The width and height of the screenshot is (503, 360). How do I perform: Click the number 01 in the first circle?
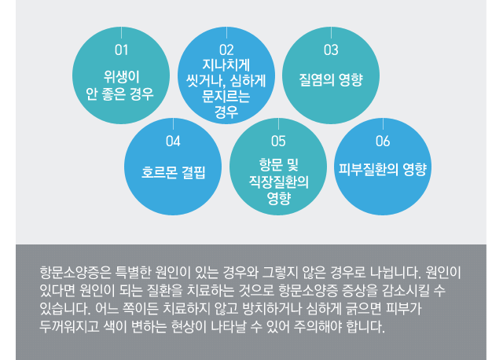(121, 50)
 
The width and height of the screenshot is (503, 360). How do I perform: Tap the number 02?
(226, 50)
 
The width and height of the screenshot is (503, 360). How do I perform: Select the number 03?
(331, 50)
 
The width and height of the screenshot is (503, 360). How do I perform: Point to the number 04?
(173, 141)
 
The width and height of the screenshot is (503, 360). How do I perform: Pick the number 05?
(278, 141)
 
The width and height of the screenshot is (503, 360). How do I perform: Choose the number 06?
(383, 141)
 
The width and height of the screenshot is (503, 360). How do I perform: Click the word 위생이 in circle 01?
(122, 77)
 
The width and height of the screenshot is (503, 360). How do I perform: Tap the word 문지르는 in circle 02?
(226, 96)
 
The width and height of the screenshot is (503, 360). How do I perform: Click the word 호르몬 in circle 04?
(160, 172)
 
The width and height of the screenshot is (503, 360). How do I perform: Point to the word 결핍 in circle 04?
(193, 172)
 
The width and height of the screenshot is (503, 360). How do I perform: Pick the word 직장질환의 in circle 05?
(279, 182)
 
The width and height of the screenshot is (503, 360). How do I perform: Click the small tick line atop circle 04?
(173, 123)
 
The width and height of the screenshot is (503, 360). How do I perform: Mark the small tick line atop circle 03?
(331, 33)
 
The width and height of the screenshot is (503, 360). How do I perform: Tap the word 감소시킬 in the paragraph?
(406, 290)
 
